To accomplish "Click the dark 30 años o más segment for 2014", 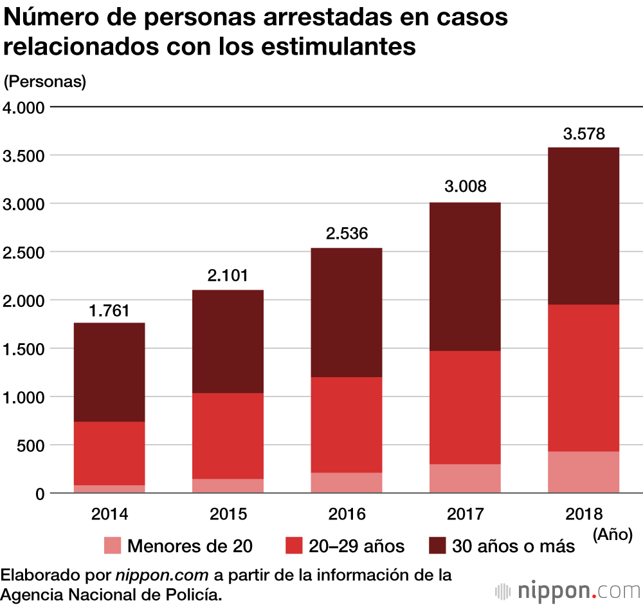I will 109,372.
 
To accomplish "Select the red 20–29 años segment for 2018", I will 584,378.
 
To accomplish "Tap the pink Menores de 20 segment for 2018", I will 584,472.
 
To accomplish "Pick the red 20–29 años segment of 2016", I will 347,425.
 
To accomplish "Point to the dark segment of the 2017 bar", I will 466,277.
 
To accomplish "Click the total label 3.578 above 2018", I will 584,135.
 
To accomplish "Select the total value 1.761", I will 109,311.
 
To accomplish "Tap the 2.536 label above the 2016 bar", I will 347,233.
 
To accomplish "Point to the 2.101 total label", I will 228,276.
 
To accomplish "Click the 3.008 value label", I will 466,187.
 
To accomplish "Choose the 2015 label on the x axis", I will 228,514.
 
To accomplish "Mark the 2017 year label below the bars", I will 466,514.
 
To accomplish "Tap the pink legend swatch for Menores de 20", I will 112,546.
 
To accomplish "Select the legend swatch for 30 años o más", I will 437,546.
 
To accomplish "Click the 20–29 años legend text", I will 356,546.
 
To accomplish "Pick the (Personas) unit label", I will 45,82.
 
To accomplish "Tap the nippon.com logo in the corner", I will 566,590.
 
